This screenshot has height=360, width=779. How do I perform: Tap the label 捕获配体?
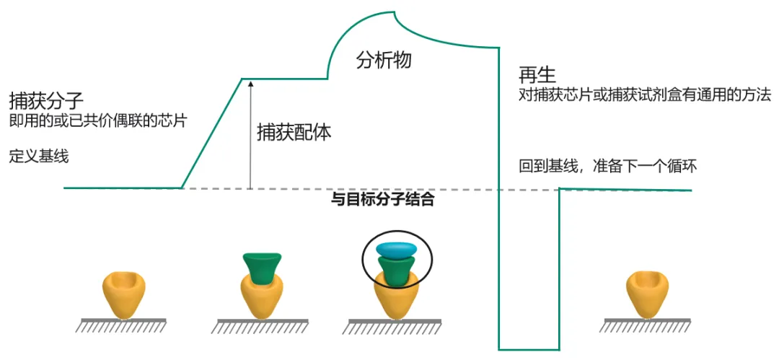coord(294,133)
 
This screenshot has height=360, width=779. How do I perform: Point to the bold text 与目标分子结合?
coord(382,201)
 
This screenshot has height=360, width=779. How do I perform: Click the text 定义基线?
coord(39,157)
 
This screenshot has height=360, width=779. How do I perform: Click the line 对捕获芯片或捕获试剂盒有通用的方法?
coord(644,95)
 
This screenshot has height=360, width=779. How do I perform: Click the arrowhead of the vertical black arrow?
coord(251,84)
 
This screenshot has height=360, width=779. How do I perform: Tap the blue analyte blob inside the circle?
coord(397,249)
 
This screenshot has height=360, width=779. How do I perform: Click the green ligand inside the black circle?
coord(397,270)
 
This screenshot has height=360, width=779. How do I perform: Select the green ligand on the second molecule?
coord(262,269)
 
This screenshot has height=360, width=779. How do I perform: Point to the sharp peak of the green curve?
coord(396,12)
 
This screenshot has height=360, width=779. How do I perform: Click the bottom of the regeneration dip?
coord(529,349)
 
